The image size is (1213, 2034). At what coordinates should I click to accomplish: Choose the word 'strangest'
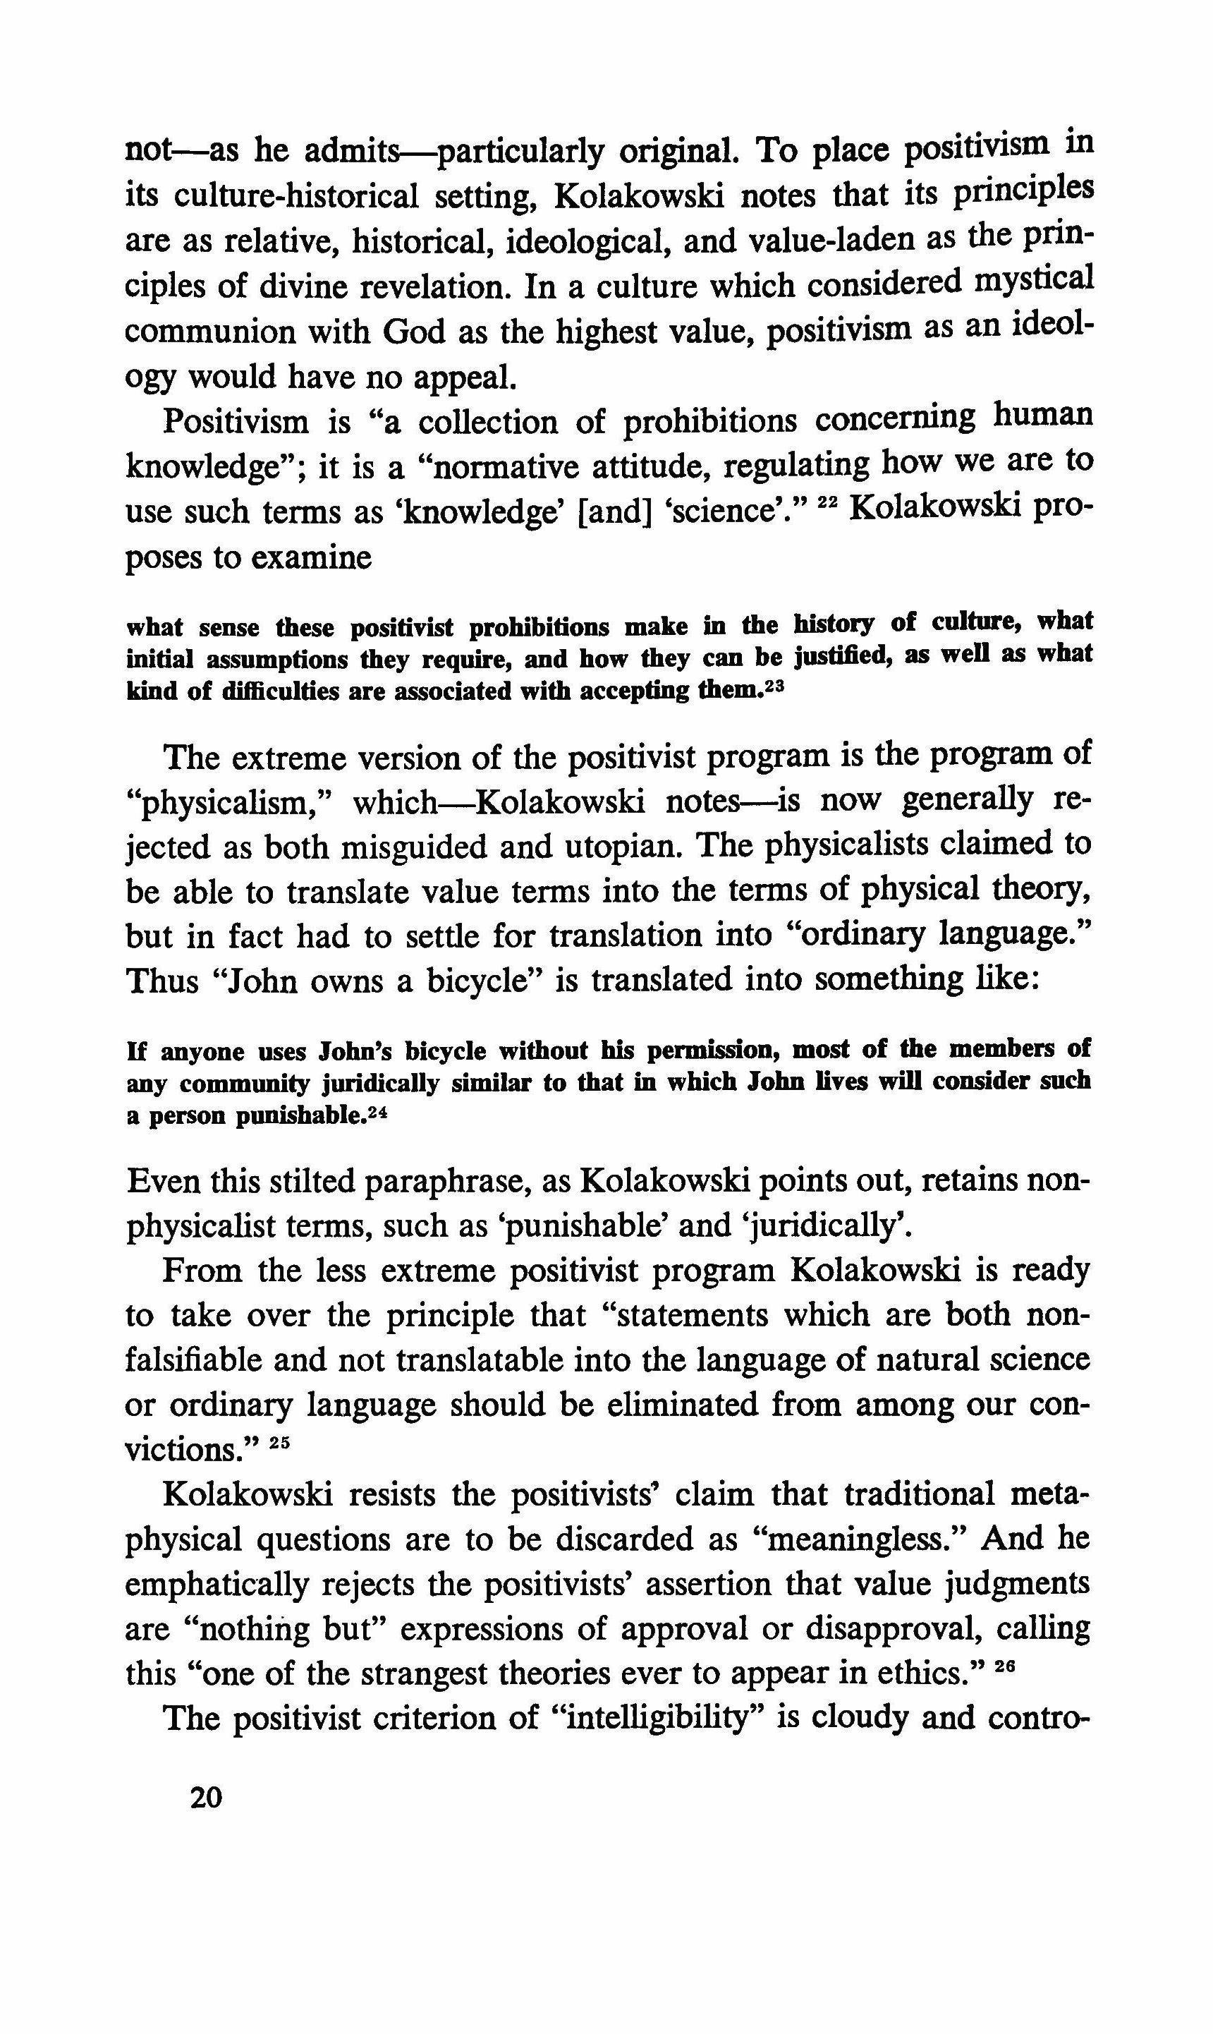click(x=384, y=1673)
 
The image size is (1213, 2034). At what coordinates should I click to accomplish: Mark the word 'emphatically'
click(x=217, y=1585)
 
